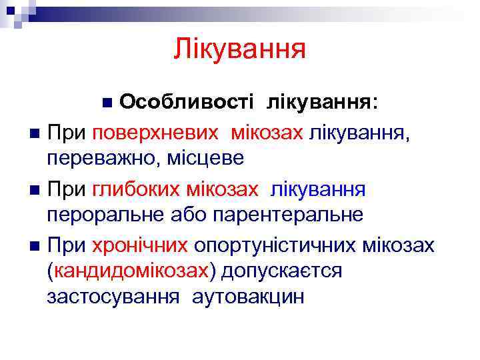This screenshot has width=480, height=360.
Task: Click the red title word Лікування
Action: (x=239, y=49)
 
